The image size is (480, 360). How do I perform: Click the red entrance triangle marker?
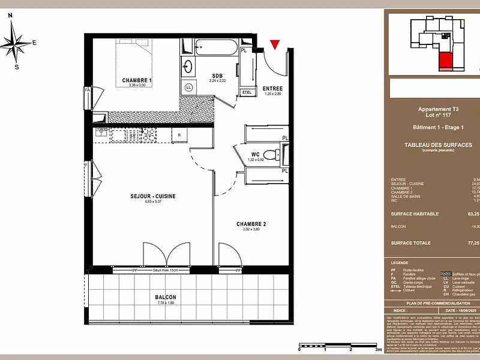pos(275,44)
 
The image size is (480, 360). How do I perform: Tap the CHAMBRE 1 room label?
pos(137,80)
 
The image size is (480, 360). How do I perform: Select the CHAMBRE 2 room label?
pos(251,223)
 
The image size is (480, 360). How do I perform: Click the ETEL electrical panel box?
pos(247,92)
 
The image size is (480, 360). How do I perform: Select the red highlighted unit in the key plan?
pos(446,60)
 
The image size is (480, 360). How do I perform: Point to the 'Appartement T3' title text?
pos(438,109)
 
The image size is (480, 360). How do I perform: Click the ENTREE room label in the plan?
pos(272,88)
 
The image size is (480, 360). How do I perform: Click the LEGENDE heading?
pos(400,263)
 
